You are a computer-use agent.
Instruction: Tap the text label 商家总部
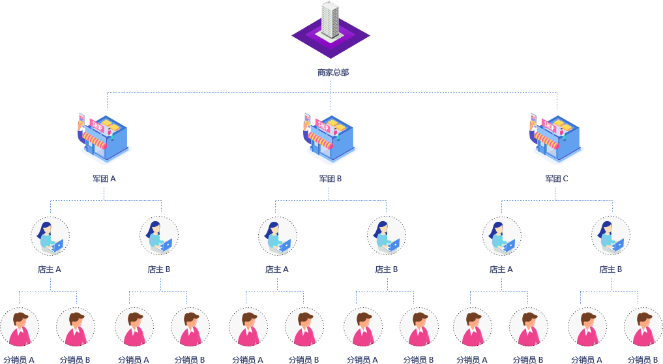(x=332, y=72)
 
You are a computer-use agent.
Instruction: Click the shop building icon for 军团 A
(x=105, y=137)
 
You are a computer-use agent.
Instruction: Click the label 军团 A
(x=104, y=178)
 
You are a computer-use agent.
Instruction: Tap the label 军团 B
(x=331, y=178)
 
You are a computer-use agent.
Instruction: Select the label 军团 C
(x=557, y=178)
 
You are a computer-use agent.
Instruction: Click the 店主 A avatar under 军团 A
(x=50, y=236)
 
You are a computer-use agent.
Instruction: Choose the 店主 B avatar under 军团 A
(x=159, y=236)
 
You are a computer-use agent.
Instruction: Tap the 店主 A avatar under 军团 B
(x=278, y=236)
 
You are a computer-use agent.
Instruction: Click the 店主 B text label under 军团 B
(x=386, y=269)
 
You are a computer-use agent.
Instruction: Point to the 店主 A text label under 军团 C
(x=501, y=269)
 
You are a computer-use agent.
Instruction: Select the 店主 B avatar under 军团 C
(x=611, y=236)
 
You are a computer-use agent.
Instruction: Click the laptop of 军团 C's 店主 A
(x=508, y=245)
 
